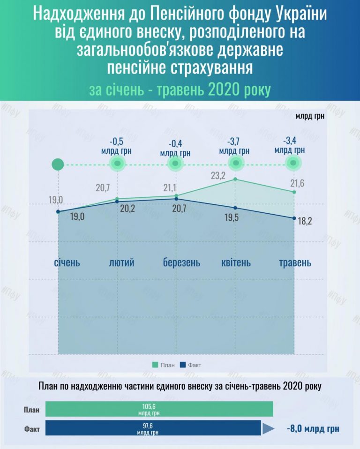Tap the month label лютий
121,262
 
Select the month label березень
181,262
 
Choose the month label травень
295,262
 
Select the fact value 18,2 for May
305,220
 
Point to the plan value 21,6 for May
296,183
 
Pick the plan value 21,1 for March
170,188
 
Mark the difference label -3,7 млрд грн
234,146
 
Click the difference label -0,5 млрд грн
116,146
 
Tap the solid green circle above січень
58,165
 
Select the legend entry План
164,364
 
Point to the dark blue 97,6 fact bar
153,428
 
